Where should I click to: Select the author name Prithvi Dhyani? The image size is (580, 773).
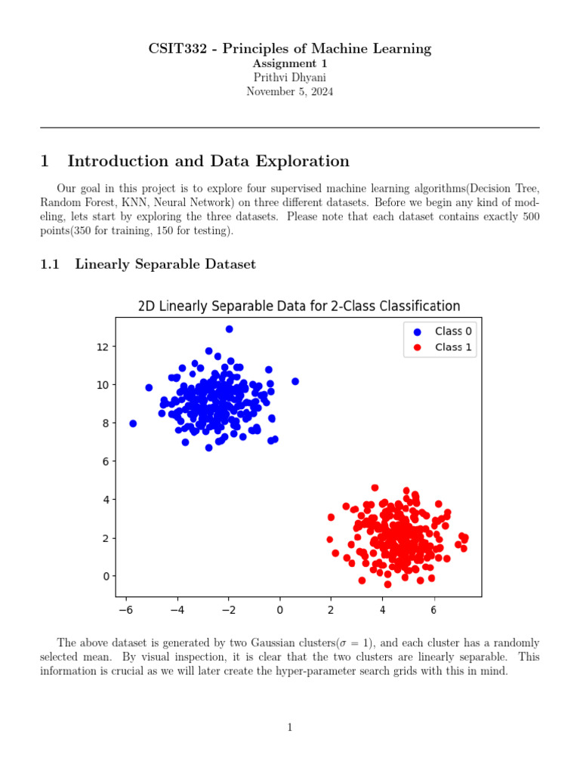(289, 78)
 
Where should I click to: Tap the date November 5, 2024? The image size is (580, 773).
(289, 91)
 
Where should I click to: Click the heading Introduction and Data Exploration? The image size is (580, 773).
(208, 161)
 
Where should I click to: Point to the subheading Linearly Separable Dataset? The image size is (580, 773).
(165, 264)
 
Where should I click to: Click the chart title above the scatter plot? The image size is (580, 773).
(298, 306)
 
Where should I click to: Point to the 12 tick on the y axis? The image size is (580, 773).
(102, 346)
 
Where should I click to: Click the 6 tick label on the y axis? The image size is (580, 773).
(105, 461)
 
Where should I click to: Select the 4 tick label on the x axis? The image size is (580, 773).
(382, 610)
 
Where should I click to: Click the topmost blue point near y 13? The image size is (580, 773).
(230, 329)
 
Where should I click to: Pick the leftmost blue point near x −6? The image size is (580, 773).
(133, 423)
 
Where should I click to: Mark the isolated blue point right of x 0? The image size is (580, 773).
(295, 381)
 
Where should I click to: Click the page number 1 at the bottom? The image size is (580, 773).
(289, 727)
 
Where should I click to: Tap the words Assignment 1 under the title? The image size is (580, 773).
(289, 64)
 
